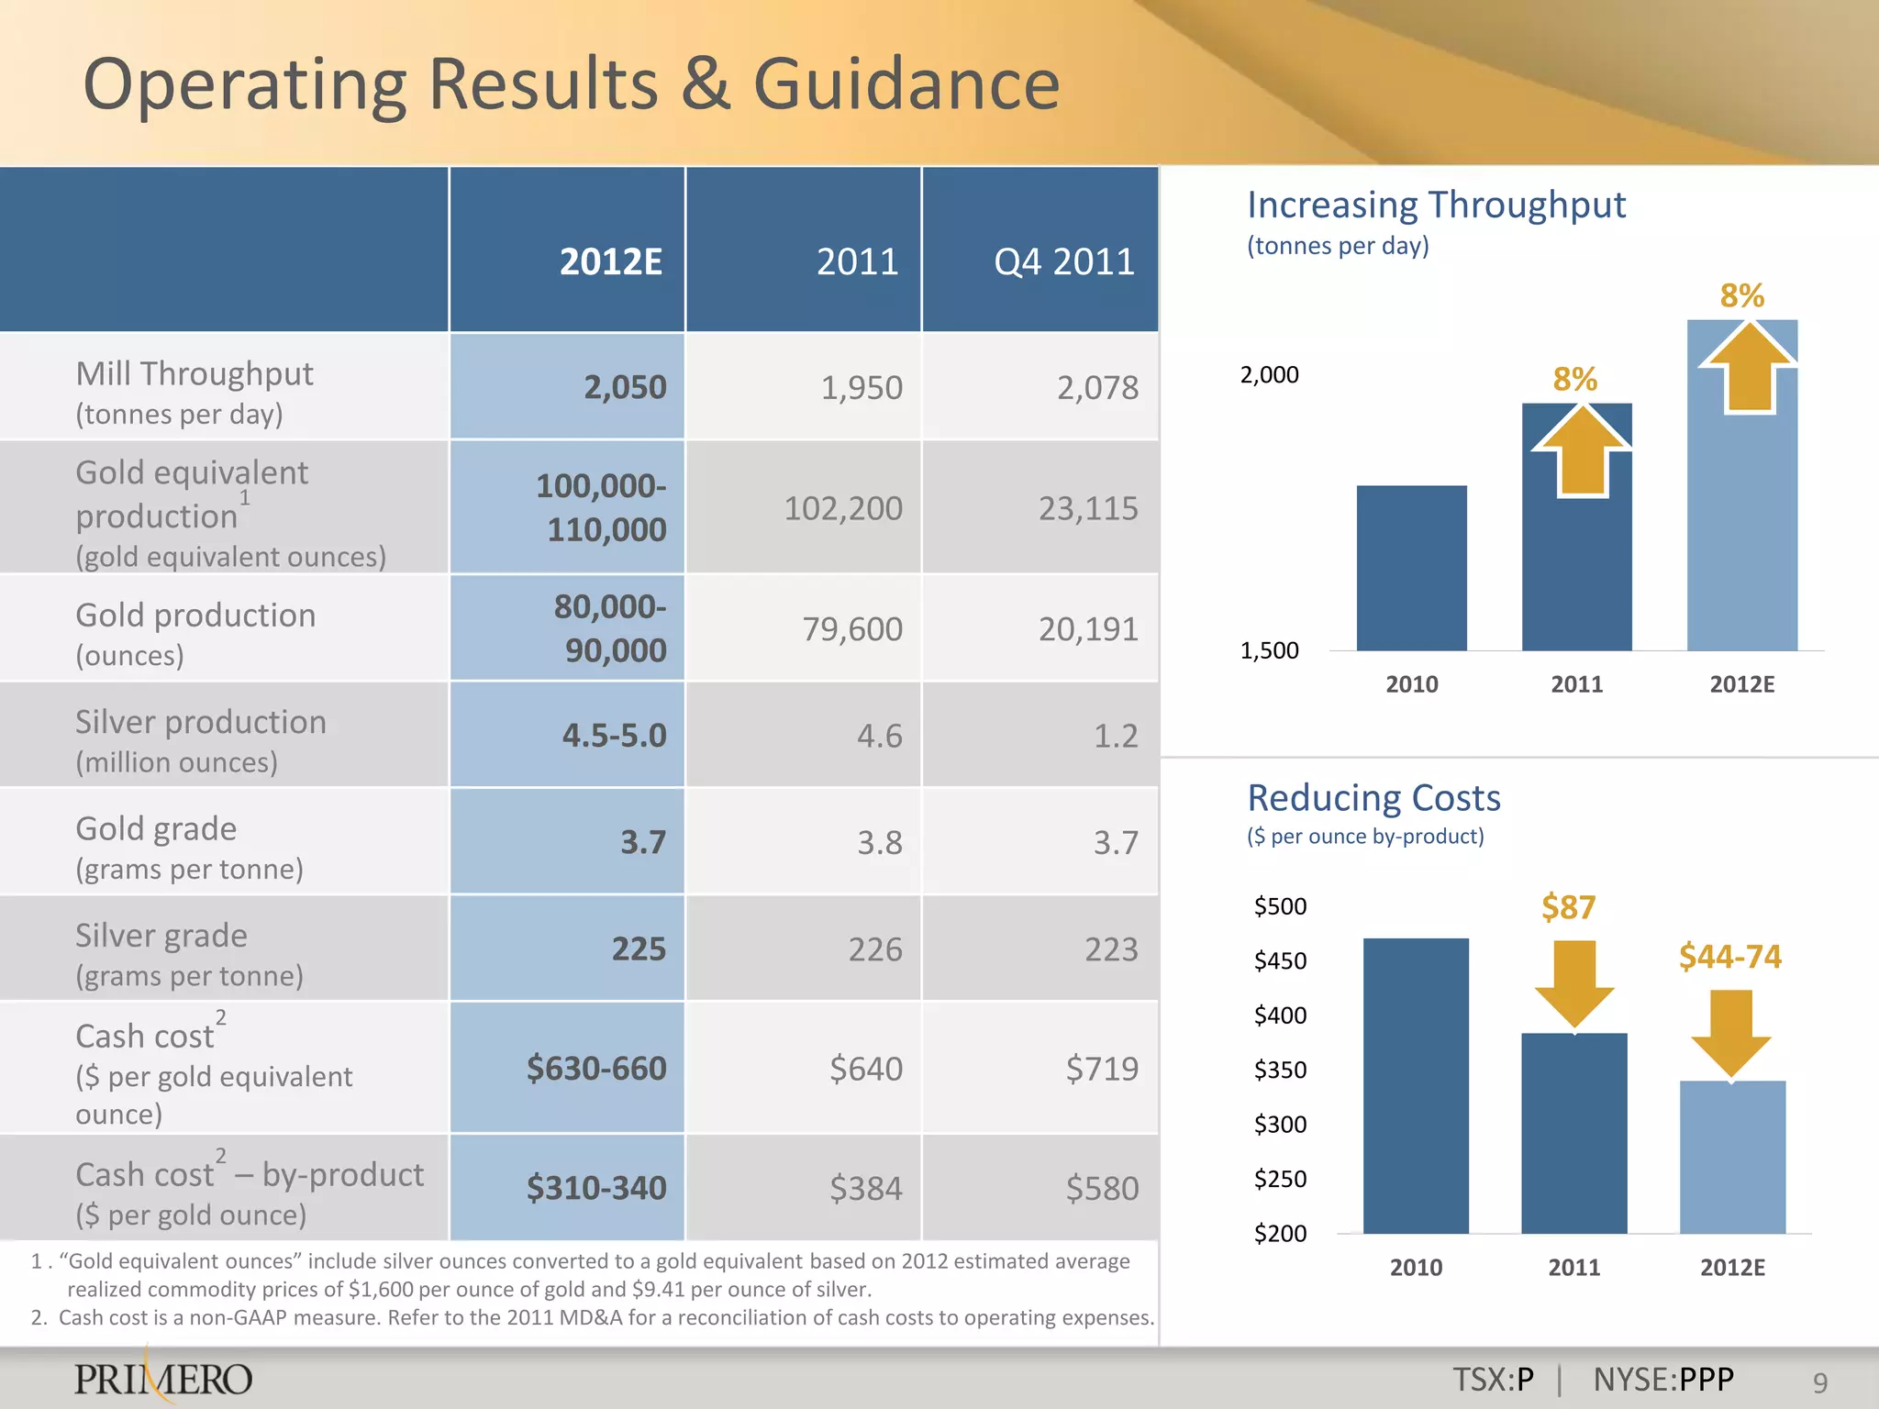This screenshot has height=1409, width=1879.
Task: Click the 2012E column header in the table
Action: coord(610,262)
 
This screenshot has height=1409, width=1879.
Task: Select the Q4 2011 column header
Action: coord(1063,262)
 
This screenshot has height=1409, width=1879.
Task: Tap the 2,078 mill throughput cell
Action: coord(1096,388)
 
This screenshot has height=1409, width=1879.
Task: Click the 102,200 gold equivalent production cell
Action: coord(842,508)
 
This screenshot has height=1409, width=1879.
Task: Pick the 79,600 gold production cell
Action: coord(851,629)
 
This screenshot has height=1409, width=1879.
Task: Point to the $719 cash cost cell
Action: coord(1101,1069)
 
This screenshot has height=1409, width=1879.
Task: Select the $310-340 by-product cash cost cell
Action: coord(595,1188)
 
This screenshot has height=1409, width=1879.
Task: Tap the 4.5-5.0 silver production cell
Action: coord(613,736)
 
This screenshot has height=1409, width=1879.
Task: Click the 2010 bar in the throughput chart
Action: coord(1411,569)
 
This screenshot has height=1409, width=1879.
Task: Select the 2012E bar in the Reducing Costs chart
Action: coord(1732,1158)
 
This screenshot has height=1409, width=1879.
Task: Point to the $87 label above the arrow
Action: coord(1568,907)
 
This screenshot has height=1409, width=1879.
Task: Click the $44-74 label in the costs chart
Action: coord(1729,957)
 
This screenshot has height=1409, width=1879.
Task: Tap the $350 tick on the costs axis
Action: coord(1280,1070)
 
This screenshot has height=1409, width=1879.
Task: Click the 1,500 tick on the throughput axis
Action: coord(1269,650)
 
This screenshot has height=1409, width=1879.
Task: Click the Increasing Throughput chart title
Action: coord(1436,205)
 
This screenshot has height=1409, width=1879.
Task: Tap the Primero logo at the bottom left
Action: coord(162,1379)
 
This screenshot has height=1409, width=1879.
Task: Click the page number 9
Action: coord(1819,1382)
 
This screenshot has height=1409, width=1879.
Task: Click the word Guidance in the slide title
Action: coord(906,84)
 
